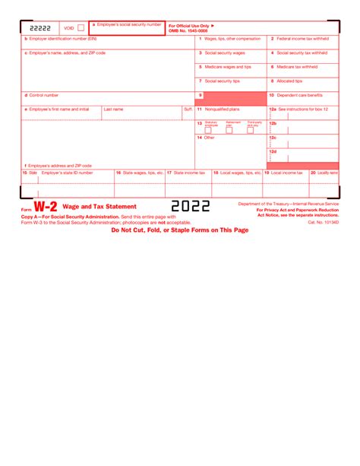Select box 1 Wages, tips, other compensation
coord(231,43)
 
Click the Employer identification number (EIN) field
coord(107,43)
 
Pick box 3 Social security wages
coord(231,58)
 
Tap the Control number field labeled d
coord(107,100)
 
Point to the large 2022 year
coord(191,206)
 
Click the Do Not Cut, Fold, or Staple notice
coord(179,230)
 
